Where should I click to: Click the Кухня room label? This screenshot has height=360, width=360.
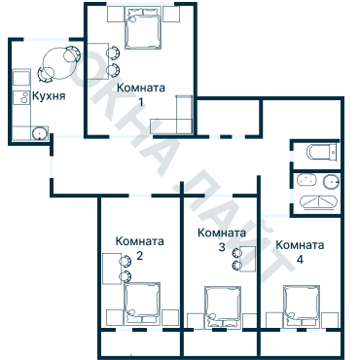click(x=50, y=97)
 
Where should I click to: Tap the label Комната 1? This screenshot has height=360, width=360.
click(x=140, y=93)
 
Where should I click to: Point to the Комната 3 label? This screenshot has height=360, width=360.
click(x=221, y=241)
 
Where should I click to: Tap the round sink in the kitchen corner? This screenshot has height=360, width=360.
click(x=39, y=134)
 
